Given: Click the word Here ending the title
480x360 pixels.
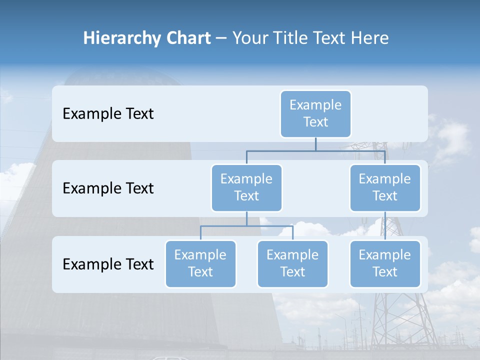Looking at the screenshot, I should [369, 38].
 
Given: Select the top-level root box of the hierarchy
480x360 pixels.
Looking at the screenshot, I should [315, 113].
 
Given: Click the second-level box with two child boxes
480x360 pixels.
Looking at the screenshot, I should [246, 187].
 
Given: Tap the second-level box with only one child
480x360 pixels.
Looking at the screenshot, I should [385, 187].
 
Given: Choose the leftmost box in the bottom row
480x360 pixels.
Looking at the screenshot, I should [200, 263].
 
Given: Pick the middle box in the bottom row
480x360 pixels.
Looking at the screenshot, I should [292, 263].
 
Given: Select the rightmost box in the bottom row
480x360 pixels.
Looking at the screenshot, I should [385, 263].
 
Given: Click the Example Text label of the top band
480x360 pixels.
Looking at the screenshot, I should [108, 114].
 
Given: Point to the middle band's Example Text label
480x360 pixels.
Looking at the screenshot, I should [108, 188].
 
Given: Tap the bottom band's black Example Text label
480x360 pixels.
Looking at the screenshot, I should [108, 264].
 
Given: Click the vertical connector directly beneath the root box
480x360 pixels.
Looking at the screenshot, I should [315, 144].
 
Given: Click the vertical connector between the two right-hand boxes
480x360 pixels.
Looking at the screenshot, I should [385, 226].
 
